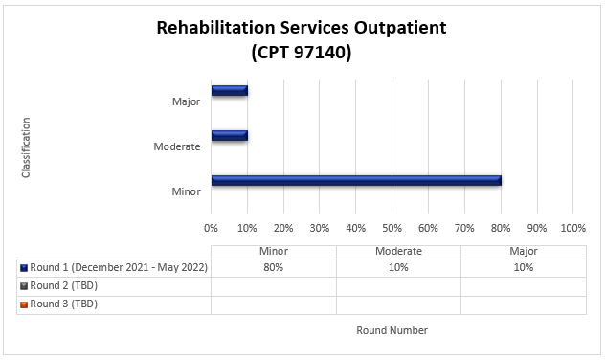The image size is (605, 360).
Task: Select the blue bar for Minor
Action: pyautogui.click(x=355, y=180)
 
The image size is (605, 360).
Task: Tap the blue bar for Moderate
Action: pyautogui.click(x=230, y=135)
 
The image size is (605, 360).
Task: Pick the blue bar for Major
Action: pyautogui.click(x=230, y=91)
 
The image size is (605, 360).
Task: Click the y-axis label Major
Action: pyautogui.click(x=187, y=101)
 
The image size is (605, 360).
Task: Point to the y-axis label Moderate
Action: pyautogui.click(x=177, y=146)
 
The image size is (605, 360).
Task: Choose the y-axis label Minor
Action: pyautogui.click(x=187, y=191)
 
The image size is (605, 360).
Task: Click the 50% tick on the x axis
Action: pyautogui.click(x=392, y=228)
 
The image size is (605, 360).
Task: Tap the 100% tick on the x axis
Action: pyautogui.click(x=572, y=228)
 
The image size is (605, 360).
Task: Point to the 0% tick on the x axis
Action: pyautogui.click(x=212, y=228)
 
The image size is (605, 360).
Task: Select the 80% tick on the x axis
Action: pyautogui.click(x=501, y=228)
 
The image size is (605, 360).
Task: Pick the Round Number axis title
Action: pyautogui.click(x=392, y=330)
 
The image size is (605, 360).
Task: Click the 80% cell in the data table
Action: pyautogui.click(x=274, y=268)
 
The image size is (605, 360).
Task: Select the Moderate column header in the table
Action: pyautogui.click(x=398, y=251)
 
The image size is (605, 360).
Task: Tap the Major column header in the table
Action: pyautogui.click(x=523, y=251)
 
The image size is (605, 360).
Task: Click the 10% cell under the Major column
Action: pyautogui.click(x=523, y=268)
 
